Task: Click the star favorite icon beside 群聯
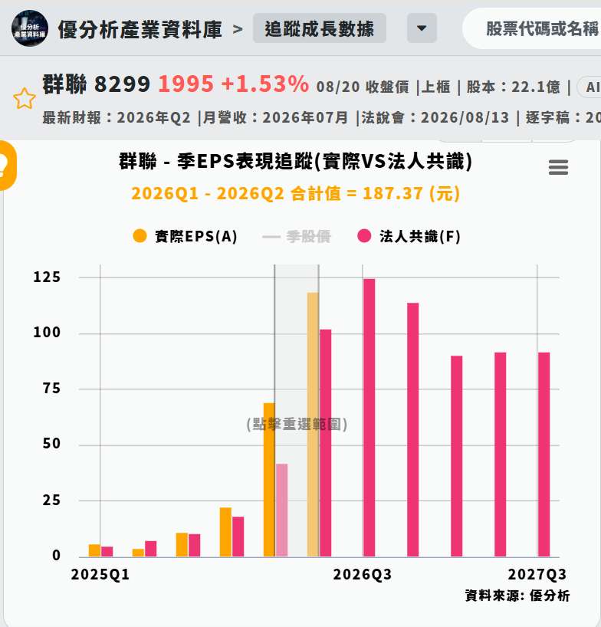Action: [25, 98]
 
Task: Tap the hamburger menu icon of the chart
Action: [558, 167]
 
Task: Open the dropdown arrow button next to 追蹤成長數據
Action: [422, 28]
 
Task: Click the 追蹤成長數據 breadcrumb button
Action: [319, 28]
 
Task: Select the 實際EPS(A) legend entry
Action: [186, 236]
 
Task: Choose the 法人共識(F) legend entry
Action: [409, 236]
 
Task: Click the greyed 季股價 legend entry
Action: [297, 236]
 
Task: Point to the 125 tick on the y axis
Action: [47, 277]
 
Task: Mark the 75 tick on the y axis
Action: [51, 389]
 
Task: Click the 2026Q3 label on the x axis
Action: [363, 574]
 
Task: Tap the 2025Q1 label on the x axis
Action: [100, 574]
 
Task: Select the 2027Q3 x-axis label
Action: [537, 574]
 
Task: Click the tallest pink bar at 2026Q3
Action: [369, 418]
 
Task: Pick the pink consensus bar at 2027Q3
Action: [544, 455]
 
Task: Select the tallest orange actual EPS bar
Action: [313, 425]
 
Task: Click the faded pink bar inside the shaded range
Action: [281, 510]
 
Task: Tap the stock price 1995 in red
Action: [186, 84]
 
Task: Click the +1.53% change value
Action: [264, 84]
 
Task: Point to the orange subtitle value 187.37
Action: [392, 193]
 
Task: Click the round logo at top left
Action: [30, 28]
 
